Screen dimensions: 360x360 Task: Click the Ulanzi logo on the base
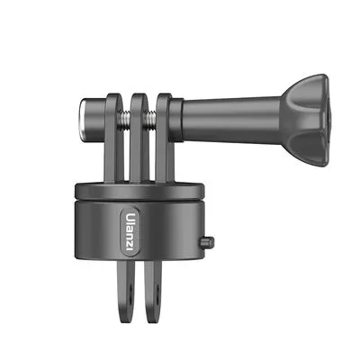[132, 230]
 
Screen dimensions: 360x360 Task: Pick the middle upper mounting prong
[136, 135]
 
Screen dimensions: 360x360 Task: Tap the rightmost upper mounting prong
[164, 135]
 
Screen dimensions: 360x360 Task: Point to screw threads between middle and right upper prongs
[150, 116]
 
